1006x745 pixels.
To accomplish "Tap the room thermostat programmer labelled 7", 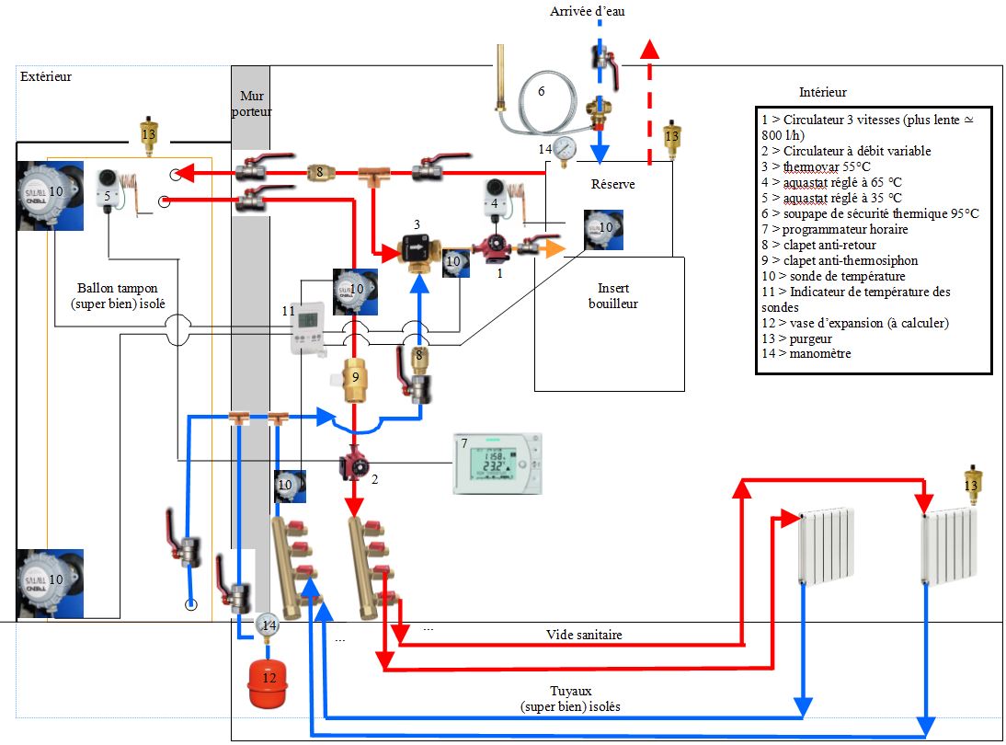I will [497, 464].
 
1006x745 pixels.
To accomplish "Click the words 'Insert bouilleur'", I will [611, 296].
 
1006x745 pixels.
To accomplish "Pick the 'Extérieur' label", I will [45, 77].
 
